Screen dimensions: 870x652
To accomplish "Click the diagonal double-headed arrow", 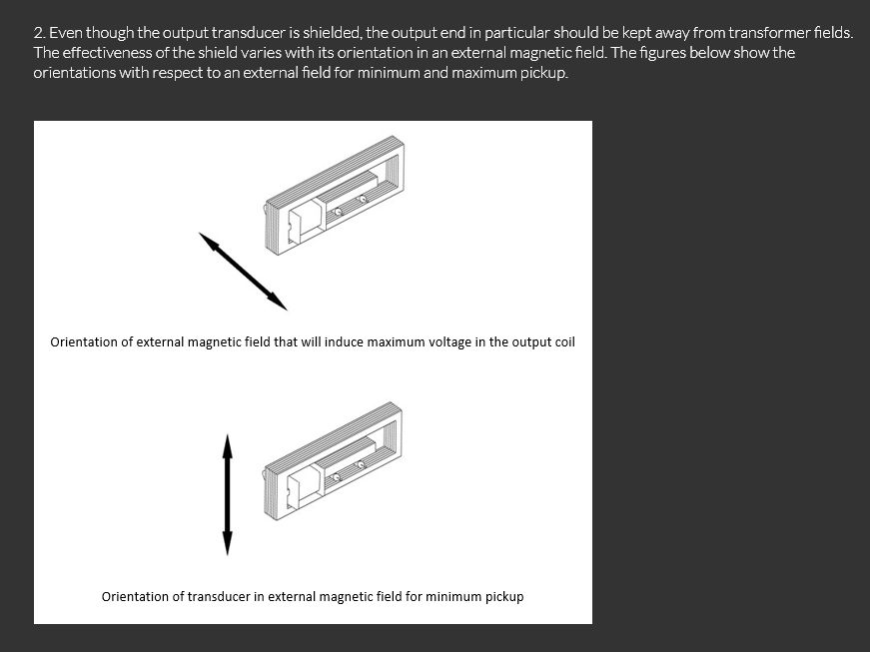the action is click(x=243, y=272).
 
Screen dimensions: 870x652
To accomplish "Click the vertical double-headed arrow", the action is click(x=227, y=494).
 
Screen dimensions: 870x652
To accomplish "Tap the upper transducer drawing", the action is click(x=334, y=195).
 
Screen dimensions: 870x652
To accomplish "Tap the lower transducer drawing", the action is click(x=332, y=461).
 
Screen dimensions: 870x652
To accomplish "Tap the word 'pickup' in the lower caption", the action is click(x=504, y=597).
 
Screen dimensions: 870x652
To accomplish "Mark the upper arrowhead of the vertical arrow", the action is click(x=227, y=446).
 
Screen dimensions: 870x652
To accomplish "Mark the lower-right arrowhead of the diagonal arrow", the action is click(x=278, y=303).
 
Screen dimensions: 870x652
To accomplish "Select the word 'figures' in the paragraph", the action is click(x=662, y=54).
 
